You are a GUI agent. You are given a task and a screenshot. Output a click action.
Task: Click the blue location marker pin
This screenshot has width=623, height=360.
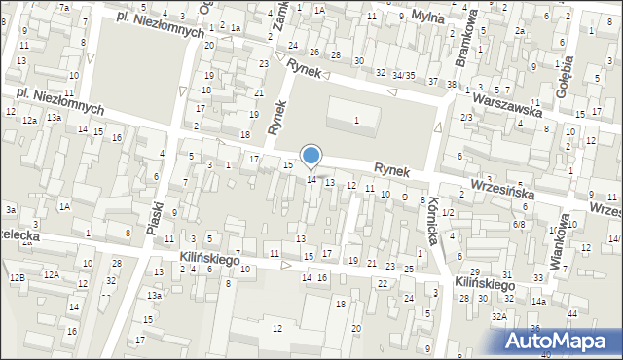pos(311,156)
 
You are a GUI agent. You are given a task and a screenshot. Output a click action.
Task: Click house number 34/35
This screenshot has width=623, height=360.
pos(404,75)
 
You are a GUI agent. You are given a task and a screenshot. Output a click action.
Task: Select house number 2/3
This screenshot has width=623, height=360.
pos(467,118)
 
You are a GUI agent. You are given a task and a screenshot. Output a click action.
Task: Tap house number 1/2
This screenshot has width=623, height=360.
pos(448,212)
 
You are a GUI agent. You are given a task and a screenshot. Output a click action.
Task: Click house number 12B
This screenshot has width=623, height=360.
pos(17,278)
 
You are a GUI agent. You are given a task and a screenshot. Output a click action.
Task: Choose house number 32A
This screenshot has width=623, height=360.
pos(498,316)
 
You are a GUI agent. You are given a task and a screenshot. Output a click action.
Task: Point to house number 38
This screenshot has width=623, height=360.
pos(452,85)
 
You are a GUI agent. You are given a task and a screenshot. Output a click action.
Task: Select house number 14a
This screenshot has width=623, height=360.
pos(538,302)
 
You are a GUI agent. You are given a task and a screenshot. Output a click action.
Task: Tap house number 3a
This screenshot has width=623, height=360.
pos(10,209)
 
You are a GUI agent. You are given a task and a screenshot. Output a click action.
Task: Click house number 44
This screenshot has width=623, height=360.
pos(572,312)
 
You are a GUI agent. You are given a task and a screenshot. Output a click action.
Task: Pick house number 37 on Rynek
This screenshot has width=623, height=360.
pos(433,80)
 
